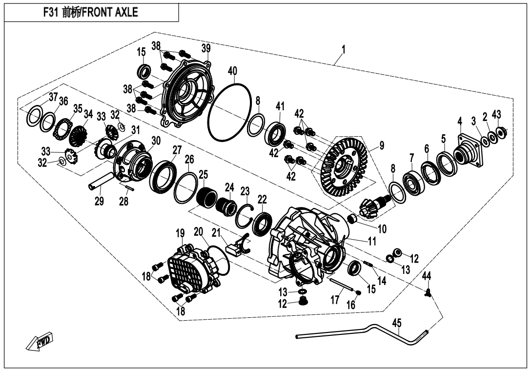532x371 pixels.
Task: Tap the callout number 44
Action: [x=427, y=276]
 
